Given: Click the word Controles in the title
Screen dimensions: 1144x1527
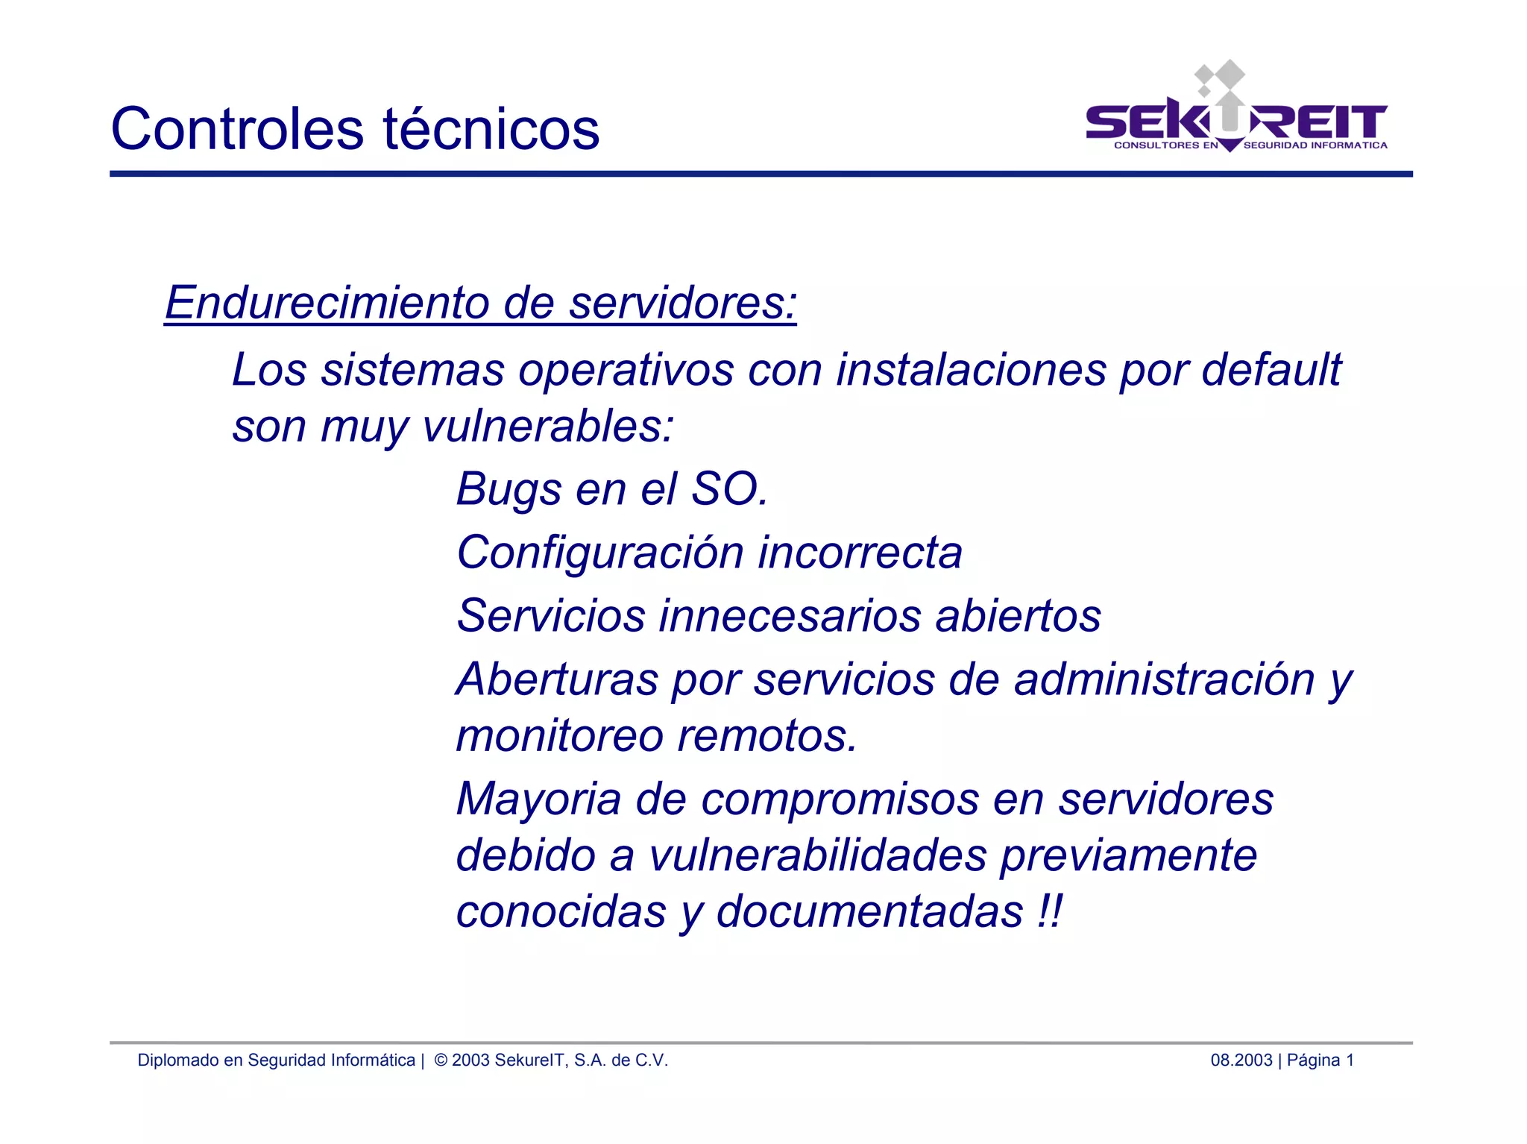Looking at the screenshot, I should (236, 128).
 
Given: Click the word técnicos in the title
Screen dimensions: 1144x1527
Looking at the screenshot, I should (491, 128).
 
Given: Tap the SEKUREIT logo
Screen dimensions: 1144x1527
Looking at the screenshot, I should (1236, 112).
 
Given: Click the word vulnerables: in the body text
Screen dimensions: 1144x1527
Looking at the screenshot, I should (548, 427).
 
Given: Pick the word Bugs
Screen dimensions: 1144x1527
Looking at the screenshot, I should (509, 490).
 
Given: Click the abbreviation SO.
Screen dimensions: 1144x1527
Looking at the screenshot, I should (729, 489).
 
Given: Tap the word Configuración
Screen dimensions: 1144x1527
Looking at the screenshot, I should (600, 553).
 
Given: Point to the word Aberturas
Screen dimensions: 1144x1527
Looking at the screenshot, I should (557, 679).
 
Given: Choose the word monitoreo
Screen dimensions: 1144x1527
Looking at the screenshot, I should (559, 736).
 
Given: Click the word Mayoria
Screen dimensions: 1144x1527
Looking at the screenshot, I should (538, 799).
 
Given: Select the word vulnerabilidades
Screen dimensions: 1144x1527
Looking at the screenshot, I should (818, 855).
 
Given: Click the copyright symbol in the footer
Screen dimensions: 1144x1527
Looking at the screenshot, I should (441, 1060).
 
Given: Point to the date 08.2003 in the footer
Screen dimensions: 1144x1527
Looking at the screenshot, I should (1241, 1060).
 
